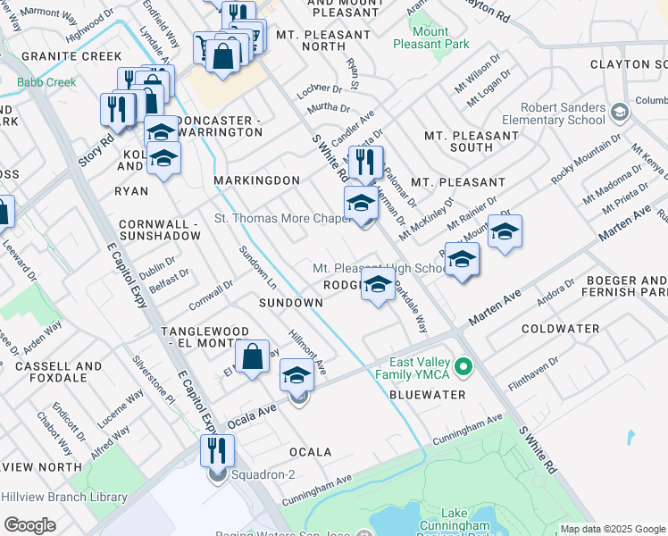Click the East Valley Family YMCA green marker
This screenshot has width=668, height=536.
[463, 367]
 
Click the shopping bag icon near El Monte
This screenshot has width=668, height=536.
[253, 356]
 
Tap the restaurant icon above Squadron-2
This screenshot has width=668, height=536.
[217, 450]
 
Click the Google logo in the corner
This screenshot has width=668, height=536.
[29, 525]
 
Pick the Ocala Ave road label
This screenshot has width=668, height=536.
[251, 415]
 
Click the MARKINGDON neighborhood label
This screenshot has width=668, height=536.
[257, 180]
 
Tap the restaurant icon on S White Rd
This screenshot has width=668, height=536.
[366, 163]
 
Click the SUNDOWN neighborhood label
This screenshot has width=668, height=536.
[290, 303]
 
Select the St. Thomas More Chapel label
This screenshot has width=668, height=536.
[280, 218]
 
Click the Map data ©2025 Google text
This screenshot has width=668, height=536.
[612, 529]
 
